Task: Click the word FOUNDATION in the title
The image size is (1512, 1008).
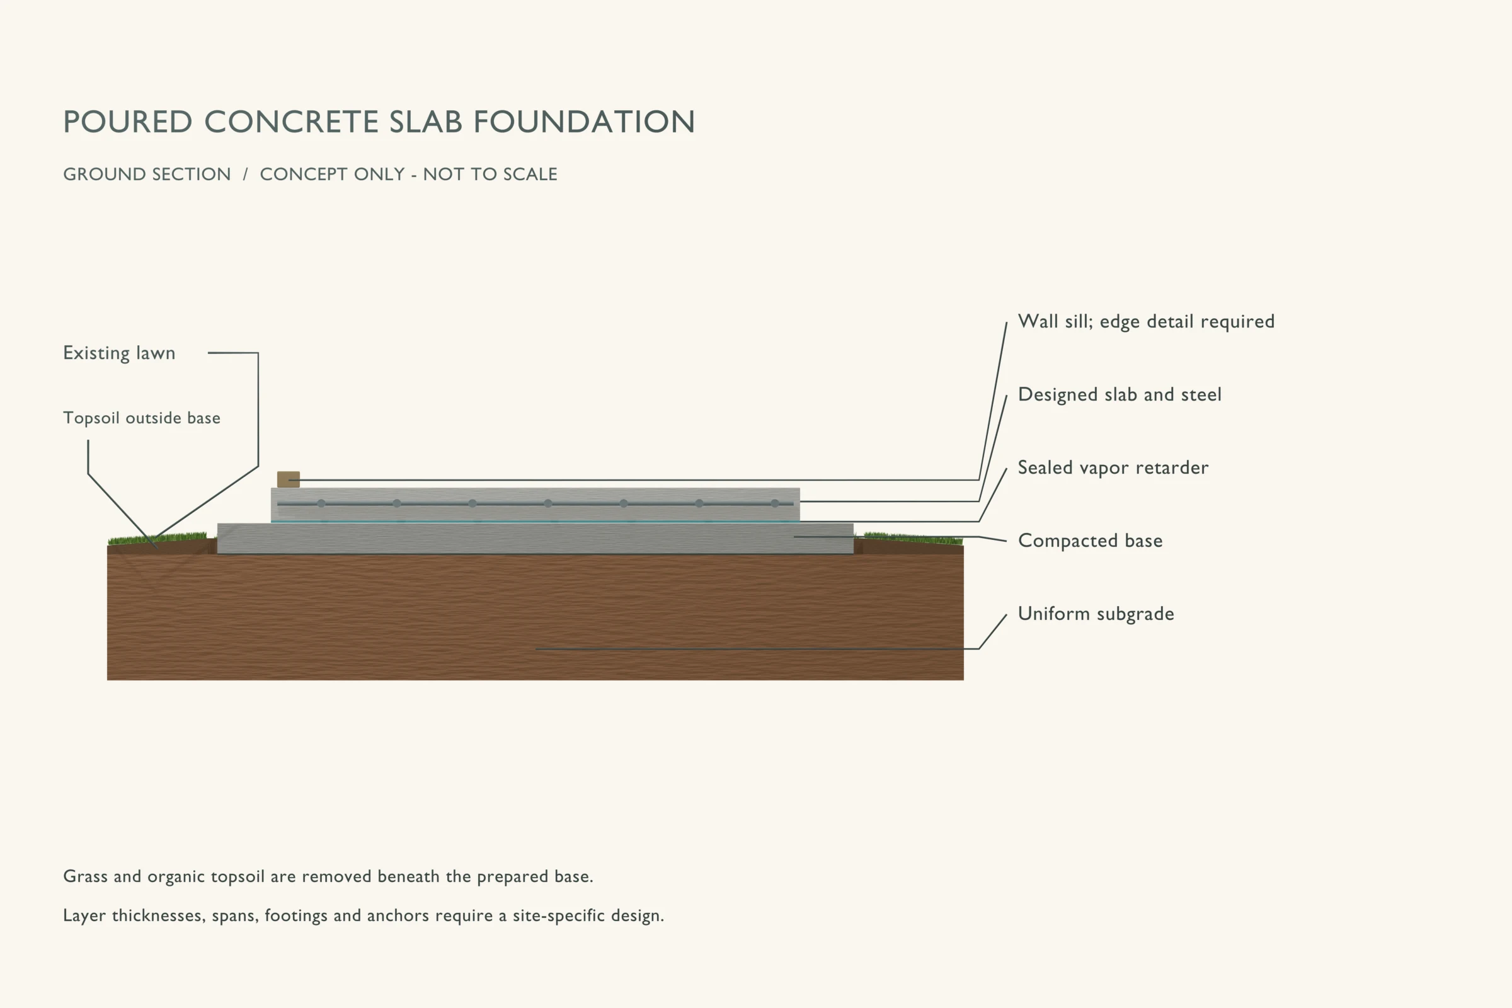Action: pos(584,122)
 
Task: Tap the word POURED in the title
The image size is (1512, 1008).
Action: pos(128,122)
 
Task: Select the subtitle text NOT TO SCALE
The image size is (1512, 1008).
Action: pos(490,175)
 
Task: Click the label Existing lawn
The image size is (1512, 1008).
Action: pos(119,353)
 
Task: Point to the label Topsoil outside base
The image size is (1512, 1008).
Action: pos(141,418)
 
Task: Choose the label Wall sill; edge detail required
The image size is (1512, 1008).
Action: pos(1146,321)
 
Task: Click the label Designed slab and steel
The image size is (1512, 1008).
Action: pos(1120,395)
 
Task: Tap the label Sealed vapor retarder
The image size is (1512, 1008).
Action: pos(1113,468)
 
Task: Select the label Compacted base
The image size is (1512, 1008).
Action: pos(1091,541)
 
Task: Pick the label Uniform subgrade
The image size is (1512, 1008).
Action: pos(1096,614)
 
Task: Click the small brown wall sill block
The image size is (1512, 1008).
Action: pos(288,479)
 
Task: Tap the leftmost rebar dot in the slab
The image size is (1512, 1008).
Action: pos(321,503)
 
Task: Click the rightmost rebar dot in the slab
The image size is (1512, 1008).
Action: pos(775,503)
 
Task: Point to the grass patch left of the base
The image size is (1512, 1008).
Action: pos(158,539)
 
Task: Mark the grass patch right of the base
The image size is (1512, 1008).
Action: pos(913,538)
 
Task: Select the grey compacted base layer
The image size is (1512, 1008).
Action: pos(535,539)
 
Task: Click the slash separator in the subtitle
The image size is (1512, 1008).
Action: pos(245,175)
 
